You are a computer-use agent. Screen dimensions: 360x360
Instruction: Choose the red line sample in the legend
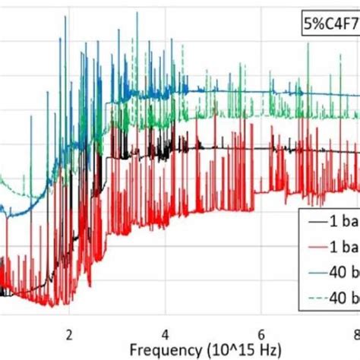coord(318,248)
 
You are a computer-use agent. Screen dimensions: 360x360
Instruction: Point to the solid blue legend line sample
coord(318,272)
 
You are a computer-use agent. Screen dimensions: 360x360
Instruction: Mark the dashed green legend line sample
coord(318,296)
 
